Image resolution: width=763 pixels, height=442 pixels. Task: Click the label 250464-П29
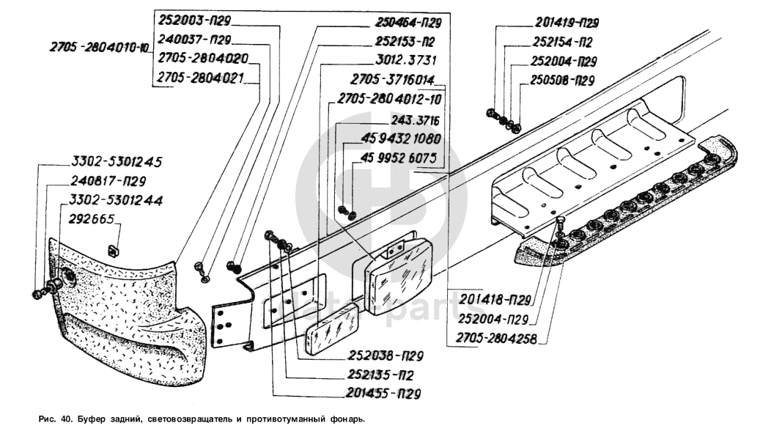[408, 21]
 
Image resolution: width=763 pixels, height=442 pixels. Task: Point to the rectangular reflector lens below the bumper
[332, 331]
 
